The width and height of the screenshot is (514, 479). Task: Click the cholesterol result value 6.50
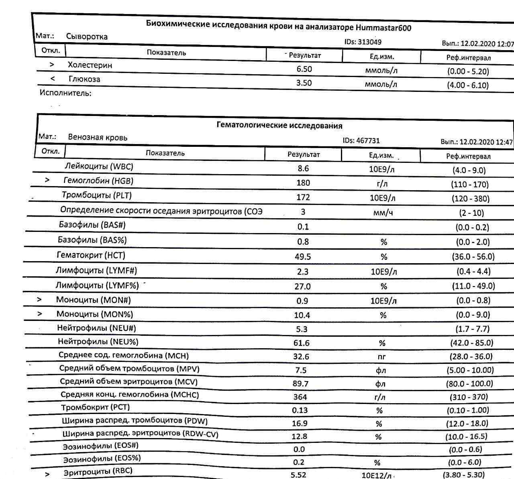tap(304, 69)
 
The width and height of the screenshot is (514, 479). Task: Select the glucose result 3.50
tap(304, 83)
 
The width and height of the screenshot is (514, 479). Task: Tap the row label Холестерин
tap(90, 65)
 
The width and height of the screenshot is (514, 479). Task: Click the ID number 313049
tap(369, 42)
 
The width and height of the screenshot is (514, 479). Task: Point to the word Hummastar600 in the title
tap(383, 28)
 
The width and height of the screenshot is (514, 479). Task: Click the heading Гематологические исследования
tap(279, 126)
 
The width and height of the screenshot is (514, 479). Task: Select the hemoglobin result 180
tap(303, 183)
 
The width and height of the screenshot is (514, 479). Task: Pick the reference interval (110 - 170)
tap(470, 185)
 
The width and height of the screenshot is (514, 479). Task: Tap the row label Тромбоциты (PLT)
tap(96, 195)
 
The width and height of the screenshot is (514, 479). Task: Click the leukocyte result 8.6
tap(303, 168)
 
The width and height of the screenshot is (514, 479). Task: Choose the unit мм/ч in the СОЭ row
tap(383, 213)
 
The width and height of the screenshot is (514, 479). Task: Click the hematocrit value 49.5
tap(303, 257)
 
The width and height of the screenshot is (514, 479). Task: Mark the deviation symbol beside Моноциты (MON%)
tap(39, 314)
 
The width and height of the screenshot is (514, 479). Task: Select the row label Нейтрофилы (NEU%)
tap(98, 342)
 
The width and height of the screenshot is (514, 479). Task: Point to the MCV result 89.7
tap(300, 384)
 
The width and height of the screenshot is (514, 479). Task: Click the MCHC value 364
tap(300, 397)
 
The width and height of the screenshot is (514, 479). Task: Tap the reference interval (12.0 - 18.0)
tap(467, 424)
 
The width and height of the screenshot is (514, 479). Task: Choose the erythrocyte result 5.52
tap(298, 475)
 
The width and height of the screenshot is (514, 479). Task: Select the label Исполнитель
tap(65, 93)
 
